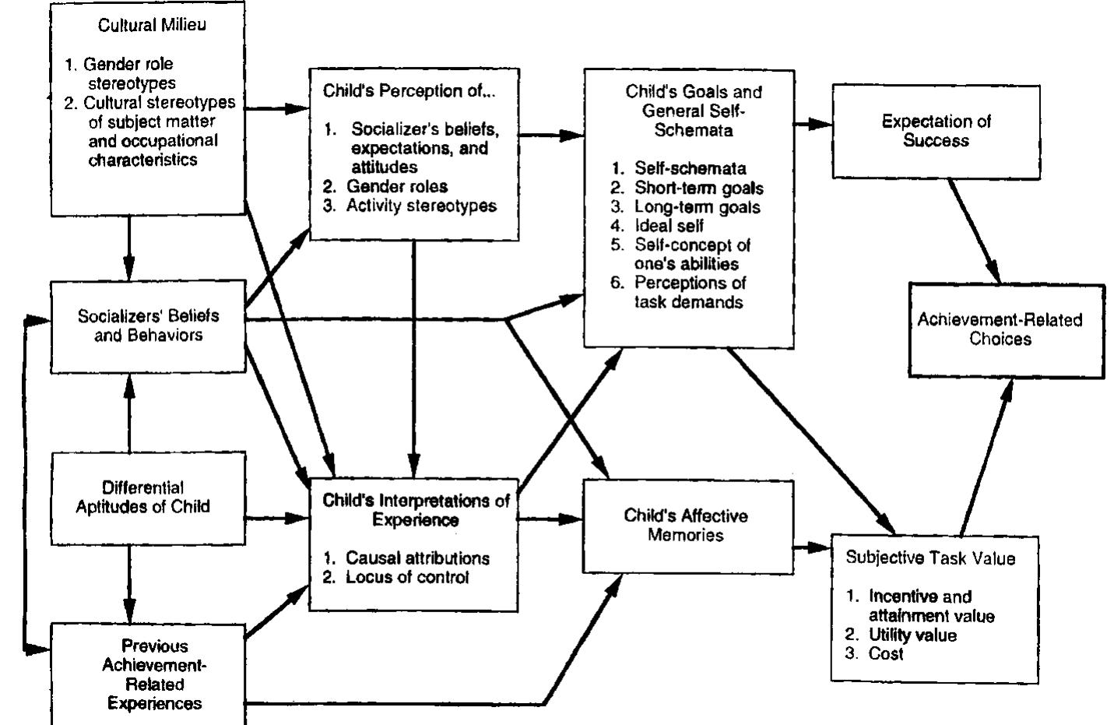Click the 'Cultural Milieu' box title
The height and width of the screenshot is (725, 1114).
click(152, 25)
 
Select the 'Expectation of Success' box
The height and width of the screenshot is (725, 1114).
click(936, 131)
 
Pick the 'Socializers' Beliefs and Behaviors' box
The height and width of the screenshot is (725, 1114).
click(148, 326)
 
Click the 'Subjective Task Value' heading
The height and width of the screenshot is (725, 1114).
click(930, 558)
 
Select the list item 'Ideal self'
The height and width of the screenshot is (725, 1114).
click(669, 226)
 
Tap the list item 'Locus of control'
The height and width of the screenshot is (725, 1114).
click(407, 577)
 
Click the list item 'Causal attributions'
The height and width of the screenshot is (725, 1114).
click(417, 558)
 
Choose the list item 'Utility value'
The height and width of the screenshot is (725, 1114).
click(912, 635)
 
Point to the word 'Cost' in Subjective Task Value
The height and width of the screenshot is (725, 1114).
click(885, 653)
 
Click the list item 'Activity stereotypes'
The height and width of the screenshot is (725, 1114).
click(421, 206)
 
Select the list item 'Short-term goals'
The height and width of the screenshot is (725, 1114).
click(698, 188)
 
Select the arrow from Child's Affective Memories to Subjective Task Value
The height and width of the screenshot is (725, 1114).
click(813, 547)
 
